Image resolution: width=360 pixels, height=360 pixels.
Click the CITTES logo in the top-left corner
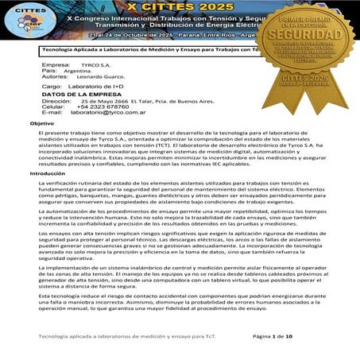click(17, 17)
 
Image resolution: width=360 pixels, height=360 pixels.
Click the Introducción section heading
click(47, 173)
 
